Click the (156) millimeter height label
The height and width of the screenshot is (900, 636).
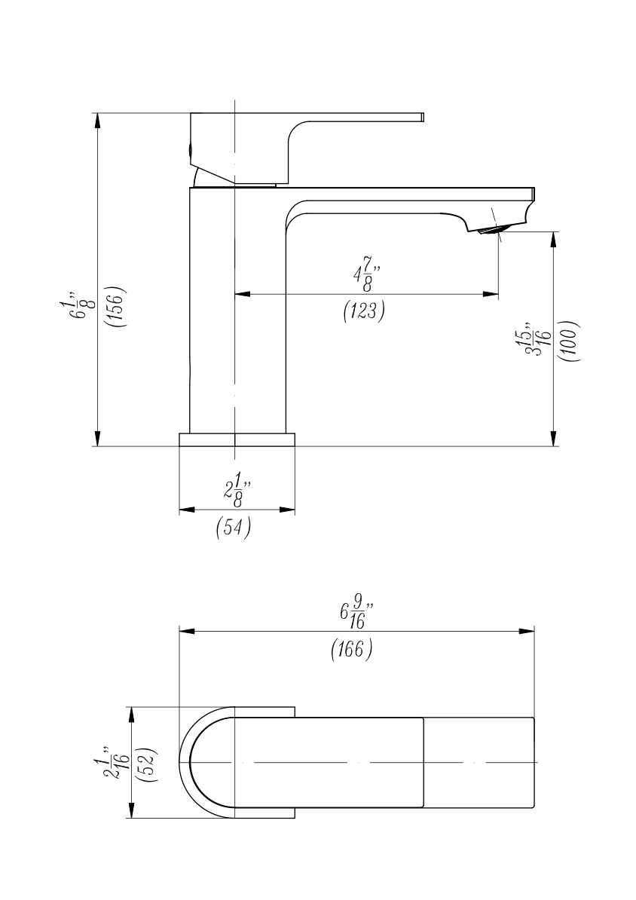115,305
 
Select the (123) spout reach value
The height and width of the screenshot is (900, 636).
364,311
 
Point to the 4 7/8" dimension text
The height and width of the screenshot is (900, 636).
365,274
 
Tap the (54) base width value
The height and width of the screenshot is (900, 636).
234,527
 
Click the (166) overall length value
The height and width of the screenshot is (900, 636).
352,649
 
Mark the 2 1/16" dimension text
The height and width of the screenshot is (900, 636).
117,764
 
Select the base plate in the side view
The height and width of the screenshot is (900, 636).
237,439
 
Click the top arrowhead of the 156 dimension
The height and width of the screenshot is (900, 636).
97,119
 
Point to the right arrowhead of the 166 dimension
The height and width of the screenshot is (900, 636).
528,630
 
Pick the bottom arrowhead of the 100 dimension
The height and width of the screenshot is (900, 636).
554,439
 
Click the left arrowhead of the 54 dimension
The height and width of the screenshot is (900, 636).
185,510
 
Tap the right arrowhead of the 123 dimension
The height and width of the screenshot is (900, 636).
492,294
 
